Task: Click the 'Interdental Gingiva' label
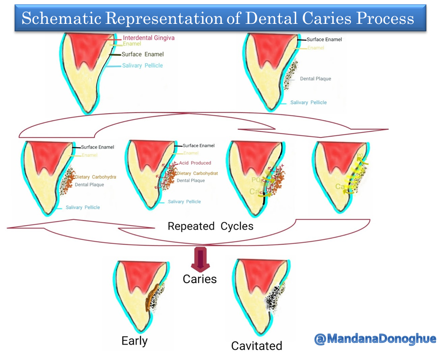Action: point(148,38)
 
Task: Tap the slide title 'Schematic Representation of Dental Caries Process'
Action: point(218,19)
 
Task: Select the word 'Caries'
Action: point(200,279)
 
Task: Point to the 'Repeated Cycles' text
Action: point(211,227)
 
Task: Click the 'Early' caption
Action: point(135,341)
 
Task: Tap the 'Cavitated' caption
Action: point(256,345)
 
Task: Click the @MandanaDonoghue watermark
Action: point(375,339)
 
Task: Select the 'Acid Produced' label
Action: point(195,163)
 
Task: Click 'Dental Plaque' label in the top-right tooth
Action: point(315,79)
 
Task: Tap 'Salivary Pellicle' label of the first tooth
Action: point(142,65)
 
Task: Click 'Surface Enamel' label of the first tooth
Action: point(143,54)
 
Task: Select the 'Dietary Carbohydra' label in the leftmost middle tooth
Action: point(95,177)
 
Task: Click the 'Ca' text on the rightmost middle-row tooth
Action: point(340,187)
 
